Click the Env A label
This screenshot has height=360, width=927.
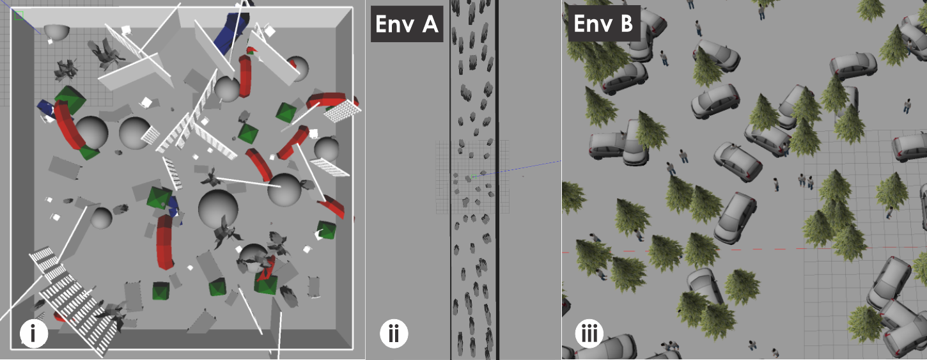(x=407, y=24)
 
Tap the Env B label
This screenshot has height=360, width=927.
(x=604, y=24)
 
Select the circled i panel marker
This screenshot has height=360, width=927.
(x=34, y=333)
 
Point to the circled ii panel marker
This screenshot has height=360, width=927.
(x=394, y=333)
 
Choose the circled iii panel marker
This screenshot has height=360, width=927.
(x=589, y=333)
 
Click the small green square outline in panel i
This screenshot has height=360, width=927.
(x=20, y=15)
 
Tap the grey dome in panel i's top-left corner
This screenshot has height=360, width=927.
(x=56, y=32)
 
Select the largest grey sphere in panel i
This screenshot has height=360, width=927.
(x=218, y=208)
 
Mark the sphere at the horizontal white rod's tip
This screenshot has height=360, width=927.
(x=284, y=189)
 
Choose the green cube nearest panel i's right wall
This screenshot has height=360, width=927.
(x=327, y=231)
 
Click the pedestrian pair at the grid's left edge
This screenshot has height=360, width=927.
(x=806, y=182)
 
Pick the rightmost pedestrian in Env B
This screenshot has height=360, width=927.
(x=907, y=106)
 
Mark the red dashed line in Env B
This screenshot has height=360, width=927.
(x=735, y=249)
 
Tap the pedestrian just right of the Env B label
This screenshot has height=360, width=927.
(x=698, y=27)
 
